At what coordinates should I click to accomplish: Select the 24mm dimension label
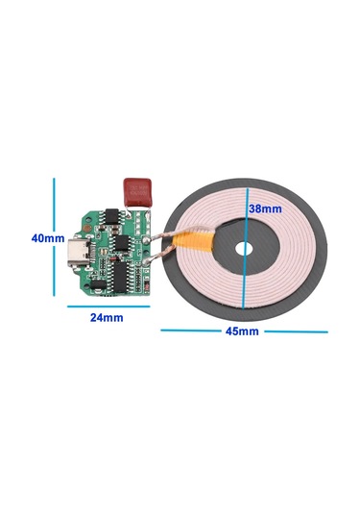107,317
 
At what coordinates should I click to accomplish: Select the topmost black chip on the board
111,217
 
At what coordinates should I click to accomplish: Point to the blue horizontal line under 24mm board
107,306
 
